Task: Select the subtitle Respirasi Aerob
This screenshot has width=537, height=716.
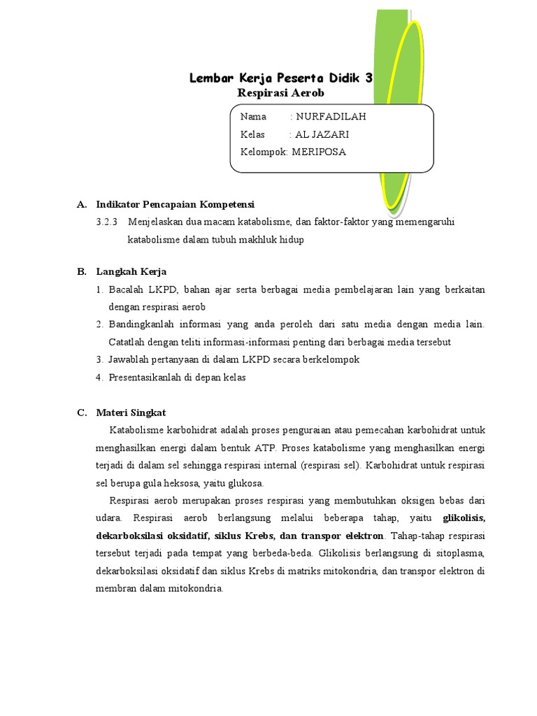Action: tap(281, 93)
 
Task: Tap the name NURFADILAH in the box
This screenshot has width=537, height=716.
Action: tap(331, 117)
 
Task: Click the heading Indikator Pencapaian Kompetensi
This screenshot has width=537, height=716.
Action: tap(176, 204)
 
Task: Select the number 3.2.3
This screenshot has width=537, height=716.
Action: tap(106, 222)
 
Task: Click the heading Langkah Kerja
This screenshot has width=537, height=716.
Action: tap(131, 271)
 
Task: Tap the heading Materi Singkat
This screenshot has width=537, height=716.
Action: tap(131, 412)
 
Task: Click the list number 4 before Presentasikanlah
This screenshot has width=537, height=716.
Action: tap(99, 377)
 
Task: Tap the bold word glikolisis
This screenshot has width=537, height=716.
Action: tap(464, 518)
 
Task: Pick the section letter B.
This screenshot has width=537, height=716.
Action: tap(81, 271)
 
